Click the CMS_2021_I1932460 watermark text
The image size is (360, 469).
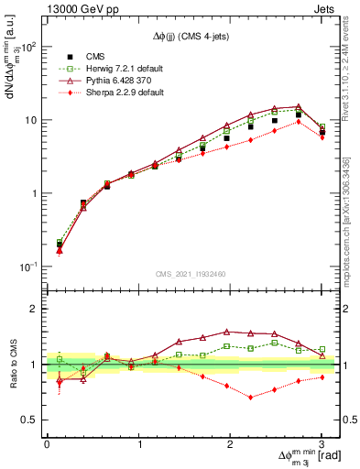point(192,272)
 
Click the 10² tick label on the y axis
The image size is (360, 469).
point(27,47)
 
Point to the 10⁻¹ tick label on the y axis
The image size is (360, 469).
point(27,267)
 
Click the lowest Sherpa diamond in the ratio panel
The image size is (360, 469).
point(251,398)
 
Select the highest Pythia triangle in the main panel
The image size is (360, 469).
point(298,106)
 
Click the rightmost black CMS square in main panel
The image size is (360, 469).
point(322,133)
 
